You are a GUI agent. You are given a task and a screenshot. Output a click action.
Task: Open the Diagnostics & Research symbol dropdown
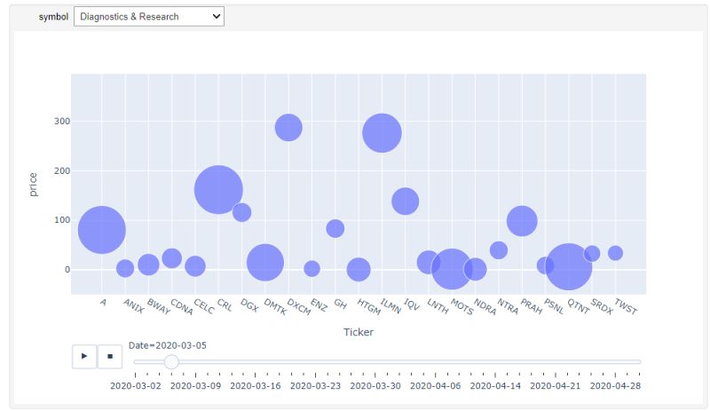click(x=149, y=17)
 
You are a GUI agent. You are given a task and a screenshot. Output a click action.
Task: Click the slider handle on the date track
click(x=171, y=361)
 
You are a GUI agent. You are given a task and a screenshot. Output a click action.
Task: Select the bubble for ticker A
click(x=101, y=230)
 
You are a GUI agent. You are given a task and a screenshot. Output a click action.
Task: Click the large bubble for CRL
click(x=218, y=189)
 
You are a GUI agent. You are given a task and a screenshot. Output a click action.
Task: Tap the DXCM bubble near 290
click(x=288, y=128)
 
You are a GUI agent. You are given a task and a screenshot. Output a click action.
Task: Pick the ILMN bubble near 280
click(x=382, y=133)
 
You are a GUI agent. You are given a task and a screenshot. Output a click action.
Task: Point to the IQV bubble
click(x=405, y=201)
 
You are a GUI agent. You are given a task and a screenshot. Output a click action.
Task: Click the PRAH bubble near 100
click(x=522, y=220)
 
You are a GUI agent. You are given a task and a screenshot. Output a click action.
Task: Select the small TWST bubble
click(x=615, y=253)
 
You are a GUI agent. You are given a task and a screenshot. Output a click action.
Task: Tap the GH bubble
click(x=335, y=228)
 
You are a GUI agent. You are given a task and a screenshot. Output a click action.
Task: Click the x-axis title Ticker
click(x=358, y=332)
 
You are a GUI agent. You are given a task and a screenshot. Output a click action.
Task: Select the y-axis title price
click(x=34, y=184)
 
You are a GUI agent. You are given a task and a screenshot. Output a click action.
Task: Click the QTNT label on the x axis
click(x=578, y=306)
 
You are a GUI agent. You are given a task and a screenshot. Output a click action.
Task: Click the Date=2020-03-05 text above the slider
click(x=168, y=345)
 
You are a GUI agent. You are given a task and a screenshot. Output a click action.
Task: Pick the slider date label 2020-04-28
click(x=615, y=386)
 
